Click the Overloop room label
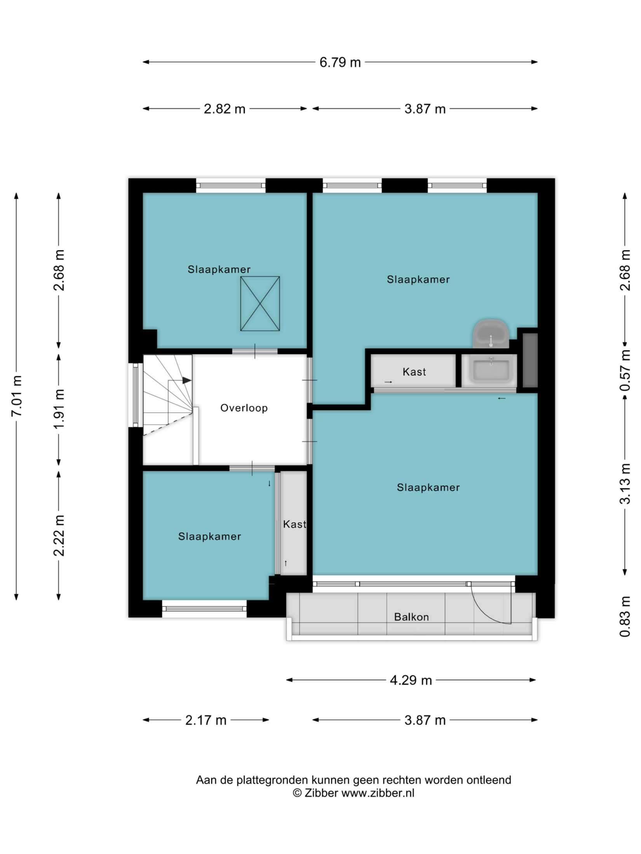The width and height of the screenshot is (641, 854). pyautogui.click(x=244, y=408)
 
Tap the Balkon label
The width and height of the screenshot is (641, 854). pyautogui.click(x=411, y=617)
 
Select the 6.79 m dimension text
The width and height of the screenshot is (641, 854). pyautogui.click(x=340, y=62)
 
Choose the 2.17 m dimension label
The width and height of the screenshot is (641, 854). pyautogui.click(x=206, y=720)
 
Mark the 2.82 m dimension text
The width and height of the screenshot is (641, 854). pyautogui.click(x=225, y=109)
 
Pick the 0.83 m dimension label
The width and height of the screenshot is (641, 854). pyautogui.click(x=625, y=616)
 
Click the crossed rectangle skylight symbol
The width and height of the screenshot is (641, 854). pyautogui.click(x=260, y=304)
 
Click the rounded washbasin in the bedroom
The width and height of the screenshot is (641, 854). pyautogui.click(x=491, y=334)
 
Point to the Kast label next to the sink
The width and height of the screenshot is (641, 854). pyautogui.click(x=414, y=372)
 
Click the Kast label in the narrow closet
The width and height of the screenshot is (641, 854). pyautogui.click(x=294, y=524)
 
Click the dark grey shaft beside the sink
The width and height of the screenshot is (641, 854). pyautogui.click(x=530, y=360)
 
